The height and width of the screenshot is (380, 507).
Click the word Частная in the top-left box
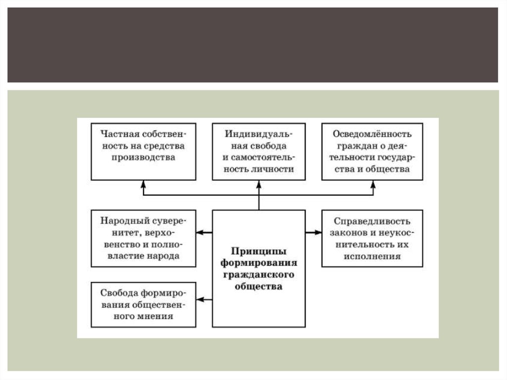tap(117, 134)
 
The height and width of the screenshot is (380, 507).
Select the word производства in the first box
tap(144, 157)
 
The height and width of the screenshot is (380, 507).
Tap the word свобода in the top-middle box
tap(268, 146)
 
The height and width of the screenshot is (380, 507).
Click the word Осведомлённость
tap(372, 134)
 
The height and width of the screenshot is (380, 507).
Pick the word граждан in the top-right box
tap(353, 146)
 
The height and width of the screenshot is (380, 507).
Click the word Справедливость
tap(372, 221)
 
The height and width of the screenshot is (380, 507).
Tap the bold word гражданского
tap(259, 274)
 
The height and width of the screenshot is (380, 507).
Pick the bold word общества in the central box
tap(259, 286)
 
